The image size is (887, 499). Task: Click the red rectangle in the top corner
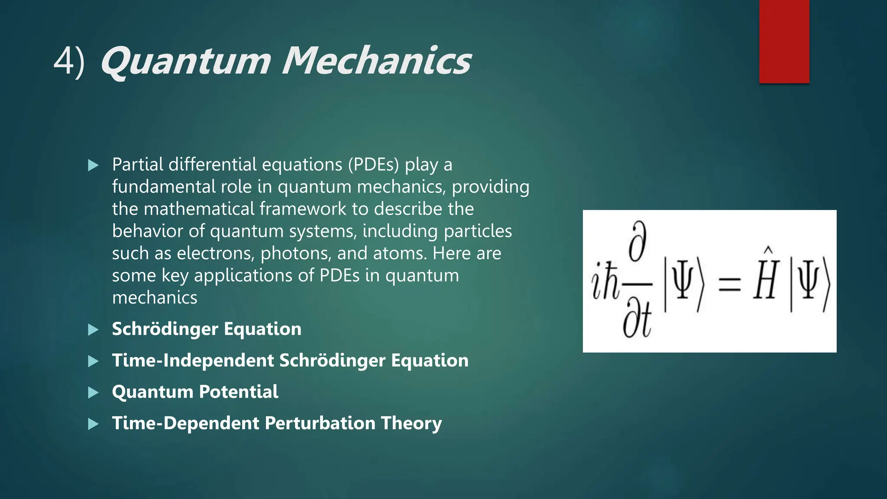784,41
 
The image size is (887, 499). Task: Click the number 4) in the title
69,62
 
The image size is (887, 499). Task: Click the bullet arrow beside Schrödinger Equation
93,330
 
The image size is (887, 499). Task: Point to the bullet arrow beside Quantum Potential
93,392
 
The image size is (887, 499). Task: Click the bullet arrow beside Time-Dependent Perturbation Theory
93,424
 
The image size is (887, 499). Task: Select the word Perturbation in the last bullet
320,423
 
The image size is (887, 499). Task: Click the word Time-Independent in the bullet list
193,360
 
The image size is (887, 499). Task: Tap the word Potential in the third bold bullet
238,392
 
